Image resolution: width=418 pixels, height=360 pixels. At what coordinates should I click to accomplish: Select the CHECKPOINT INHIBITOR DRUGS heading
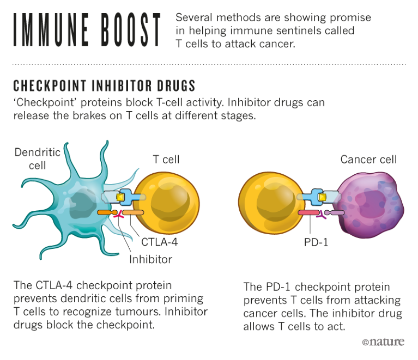click(104, 86)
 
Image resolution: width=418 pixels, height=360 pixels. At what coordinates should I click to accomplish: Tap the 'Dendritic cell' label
click(37, 158)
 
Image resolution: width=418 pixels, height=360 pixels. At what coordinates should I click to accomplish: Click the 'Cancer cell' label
click(368, 160)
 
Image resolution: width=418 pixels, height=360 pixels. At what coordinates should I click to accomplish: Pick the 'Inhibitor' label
click(150, 259)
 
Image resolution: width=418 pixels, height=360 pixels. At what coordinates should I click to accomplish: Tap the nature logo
click(383, 342)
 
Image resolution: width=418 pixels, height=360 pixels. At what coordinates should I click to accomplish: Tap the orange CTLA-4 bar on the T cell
click(132, 212)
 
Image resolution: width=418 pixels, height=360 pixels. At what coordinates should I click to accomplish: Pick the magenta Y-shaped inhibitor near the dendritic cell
click(117, 217)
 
